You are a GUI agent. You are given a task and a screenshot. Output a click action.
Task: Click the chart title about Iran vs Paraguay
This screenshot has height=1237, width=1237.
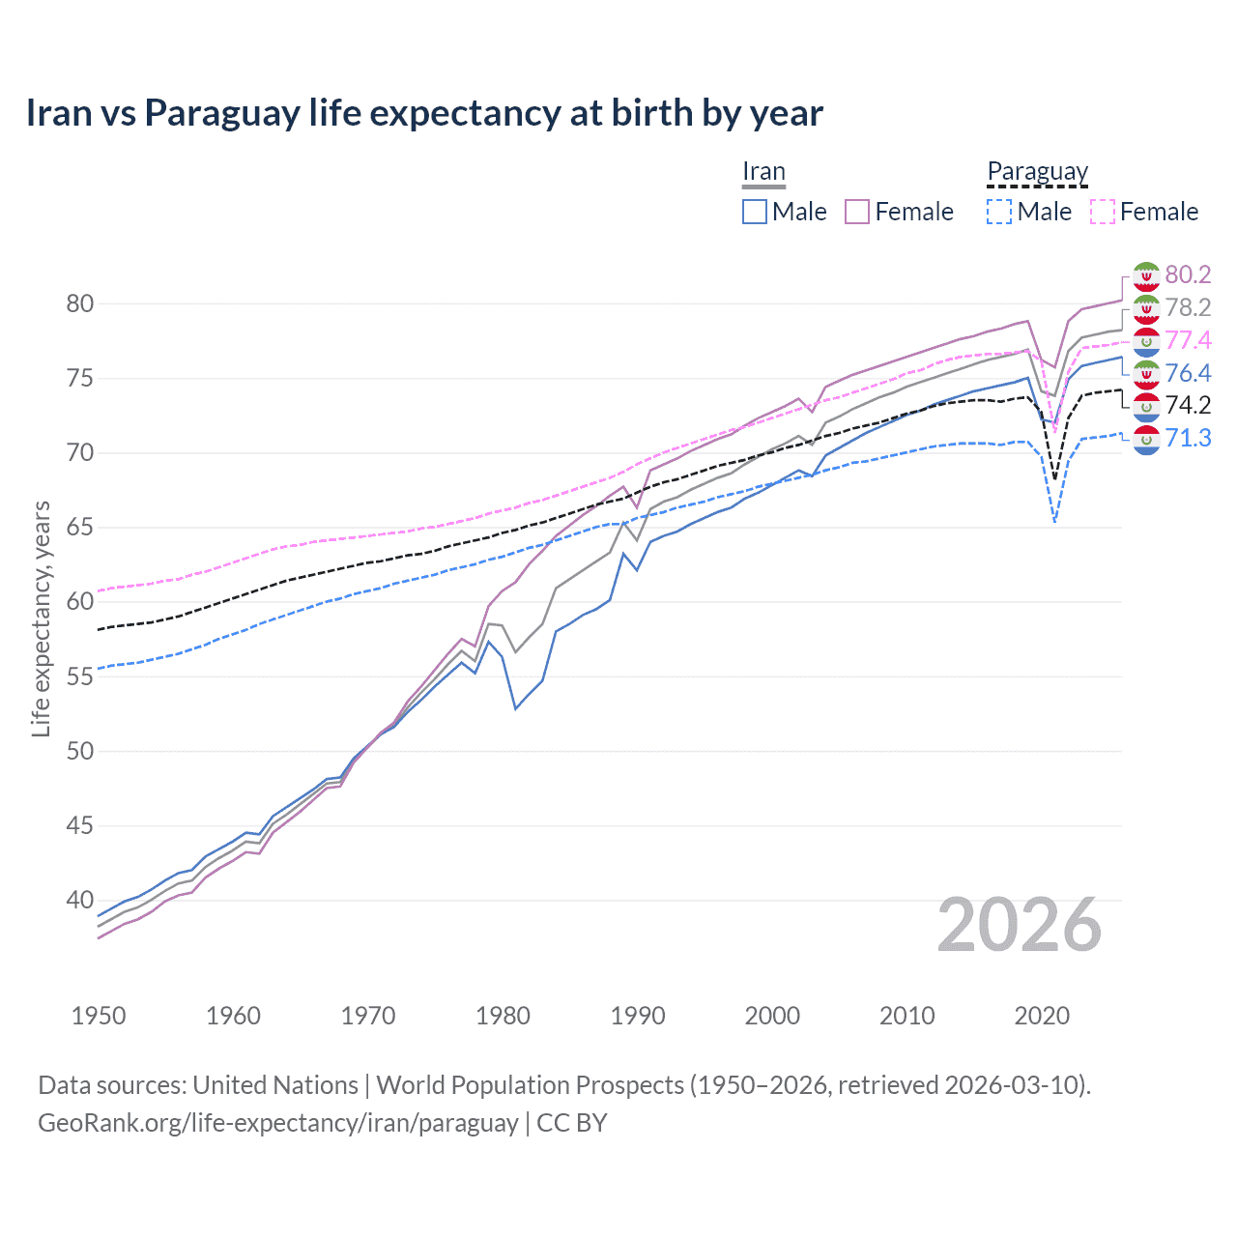(424, 113)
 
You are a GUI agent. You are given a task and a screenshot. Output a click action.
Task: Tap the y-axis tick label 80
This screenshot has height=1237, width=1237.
(80, 303)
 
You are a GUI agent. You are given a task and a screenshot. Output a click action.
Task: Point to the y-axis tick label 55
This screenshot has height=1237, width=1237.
(80, 676)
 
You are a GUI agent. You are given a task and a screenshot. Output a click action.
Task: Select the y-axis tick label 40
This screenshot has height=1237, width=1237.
(80, 900)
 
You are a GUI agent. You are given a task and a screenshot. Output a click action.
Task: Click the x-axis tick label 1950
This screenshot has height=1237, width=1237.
(99, 1016)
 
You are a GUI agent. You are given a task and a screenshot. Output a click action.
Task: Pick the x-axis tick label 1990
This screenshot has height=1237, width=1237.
(638, 1016)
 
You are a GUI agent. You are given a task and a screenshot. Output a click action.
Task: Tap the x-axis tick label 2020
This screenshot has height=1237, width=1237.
(1042, 1016)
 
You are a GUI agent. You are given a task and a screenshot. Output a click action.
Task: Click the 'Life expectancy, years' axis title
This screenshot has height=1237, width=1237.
(41, 618)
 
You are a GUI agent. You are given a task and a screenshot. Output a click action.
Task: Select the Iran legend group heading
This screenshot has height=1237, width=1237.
(763, 172)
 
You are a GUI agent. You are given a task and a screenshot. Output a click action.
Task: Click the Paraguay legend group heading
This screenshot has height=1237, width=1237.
(1038, 172)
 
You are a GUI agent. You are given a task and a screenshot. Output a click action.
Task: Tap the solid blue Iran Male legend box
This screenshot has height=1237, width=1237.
(755, 212)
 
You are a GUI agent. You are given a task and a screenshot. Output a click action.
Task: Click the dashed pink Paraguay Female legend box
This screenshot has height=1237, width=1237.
(1103, 212)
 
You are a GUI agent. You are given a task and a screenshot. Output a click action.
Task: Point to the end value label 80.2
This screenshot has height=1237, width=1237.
(1188, 274)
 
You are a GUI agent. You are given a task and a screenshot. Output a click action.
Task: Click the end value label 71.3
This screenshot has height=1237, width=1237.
(1188, 438)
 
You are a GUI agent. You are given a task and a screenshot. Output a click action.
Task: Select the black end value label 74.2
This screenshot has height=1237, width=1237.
(1188, 405)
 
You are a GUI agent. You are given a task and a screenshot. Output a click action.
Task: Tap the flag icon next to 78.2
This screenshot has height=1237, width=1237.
(1146, 308)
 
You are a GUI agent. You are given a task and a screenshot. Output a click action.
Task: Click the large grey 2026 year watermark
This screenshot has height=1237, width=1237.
(1020, 925)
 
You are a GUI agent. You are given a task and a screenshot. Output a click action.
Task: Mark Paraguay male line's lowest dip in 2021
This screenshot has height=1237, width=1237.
(1054, 523)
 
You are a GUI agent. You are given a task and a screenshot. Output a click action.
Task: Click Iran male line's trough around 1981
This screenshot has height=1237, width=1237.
(516, 708)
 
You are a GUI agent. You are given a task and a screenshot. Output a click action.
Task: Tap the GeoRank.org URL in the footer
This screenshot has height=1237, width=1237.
(278, 1123)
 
